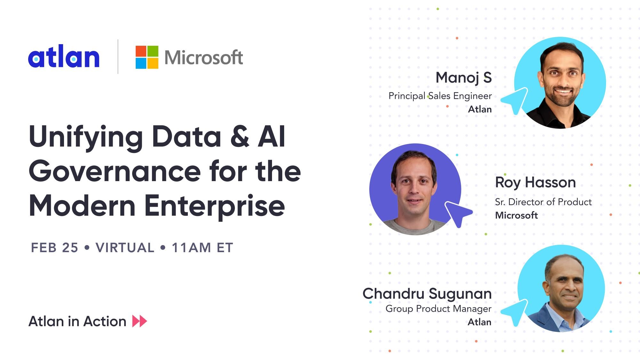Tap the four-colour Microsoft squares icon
(x=147, y=57)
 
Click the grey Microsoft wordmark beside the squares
(x=204, y=58)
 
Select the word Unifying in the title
(x=86, y=137)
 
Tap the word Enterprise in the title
(x=214, y=206)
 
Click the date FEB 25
(x=54, y=248)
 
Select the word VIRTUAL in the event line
(x=125, y=248)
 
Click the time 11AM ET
(x=202, y=248)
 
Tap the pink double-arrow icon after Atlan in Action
(x=140, y=321)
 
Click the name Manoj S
(x=464, y=78)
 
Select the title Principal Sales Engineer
(x=440, y=96)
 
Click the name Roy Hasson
(x=535, y=183)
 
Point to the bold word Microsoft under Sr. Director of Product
(x=516, y=215)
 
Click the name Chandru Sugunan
(x=427, y=293)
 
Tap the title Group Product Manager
(x=438, y=309)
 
